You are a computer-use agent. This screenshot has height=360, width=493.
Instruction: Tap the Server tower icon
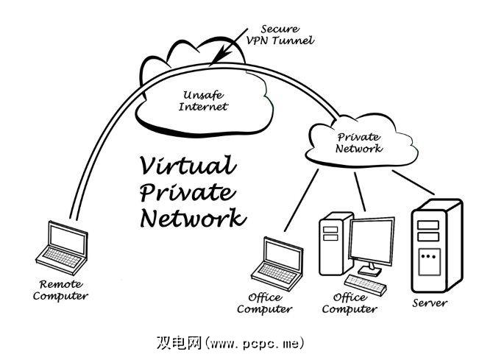tap(437, 245)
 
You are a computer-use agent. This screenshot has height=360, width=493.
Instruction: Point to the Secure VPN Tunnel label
tap(279, 35)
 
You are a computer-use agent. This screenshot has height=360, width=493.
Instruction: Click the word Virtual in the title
tap(187, 165)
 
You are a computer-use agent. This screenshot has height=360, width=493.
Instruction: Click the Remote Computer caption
tap(63, 290)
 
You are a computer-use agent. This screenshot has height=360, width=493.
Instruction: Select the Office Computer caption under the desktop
tap(349, 303)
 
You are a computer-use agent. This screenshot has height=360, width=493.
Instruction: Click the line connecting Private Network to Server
tap(411, 183)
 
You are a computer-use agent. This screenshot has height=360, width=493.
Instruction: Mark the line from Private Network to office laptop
tap(302, 199)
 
